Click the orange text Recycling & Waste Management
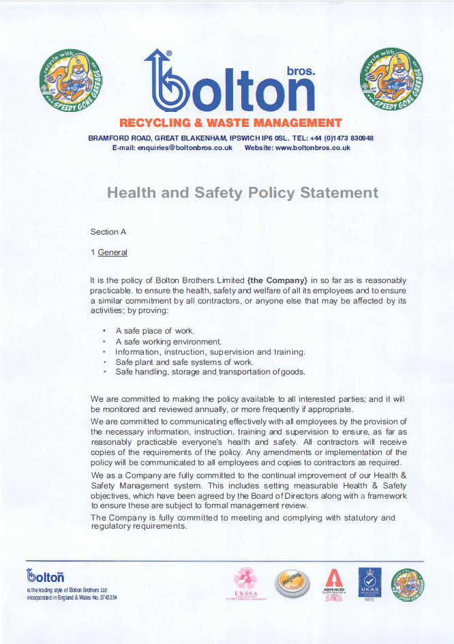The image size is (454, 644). pyautogui.click(x=230, y=123)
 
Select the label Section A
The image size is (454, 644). pyautogui.click(x=108, y=232)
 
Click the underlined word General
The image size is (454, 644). pyautogui.click(x=112, y=252)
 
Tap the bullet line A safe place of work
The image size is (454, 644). pyautogui.click(x=155, y=331)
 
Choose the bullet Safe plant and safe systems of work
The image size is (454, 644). pyautogui.click(x=184, y=362)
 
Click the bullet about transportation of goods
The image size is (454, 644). pyautogui.click(x=210, y=372)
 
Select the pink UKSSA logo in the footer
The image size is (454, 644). pyautogui.click(x=246, y=582)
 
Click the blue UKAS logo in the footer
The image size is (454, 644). pyautogui.click(x=369, y=582)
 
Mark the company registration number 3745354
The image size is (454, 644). pyautogui.click(x=103, y=597)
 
